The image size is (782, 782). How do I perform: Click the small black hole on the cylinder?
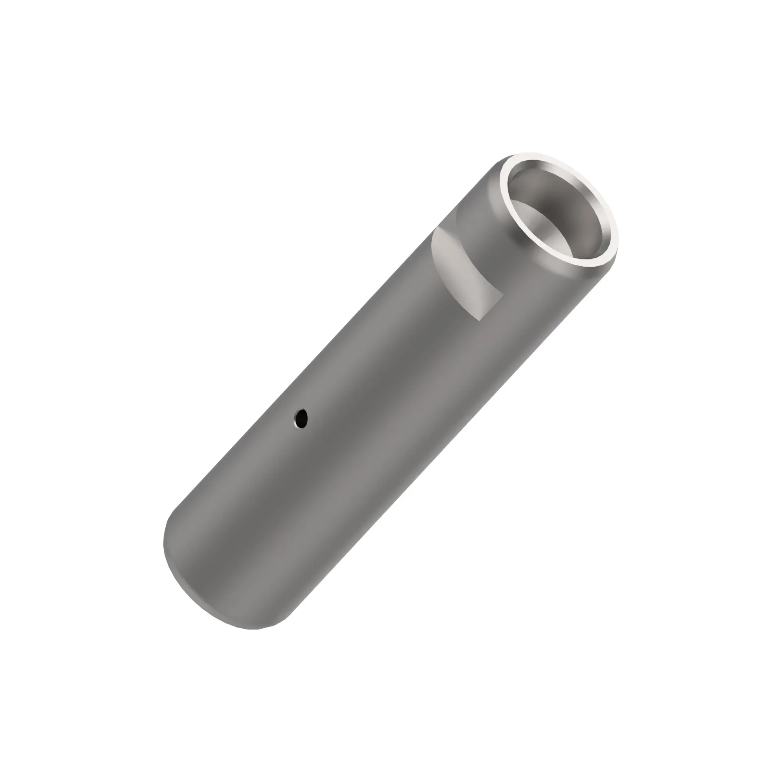click(x=301, y=417)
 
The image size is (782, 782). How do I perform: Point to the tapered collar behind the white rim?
click(x=498, y=210)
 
